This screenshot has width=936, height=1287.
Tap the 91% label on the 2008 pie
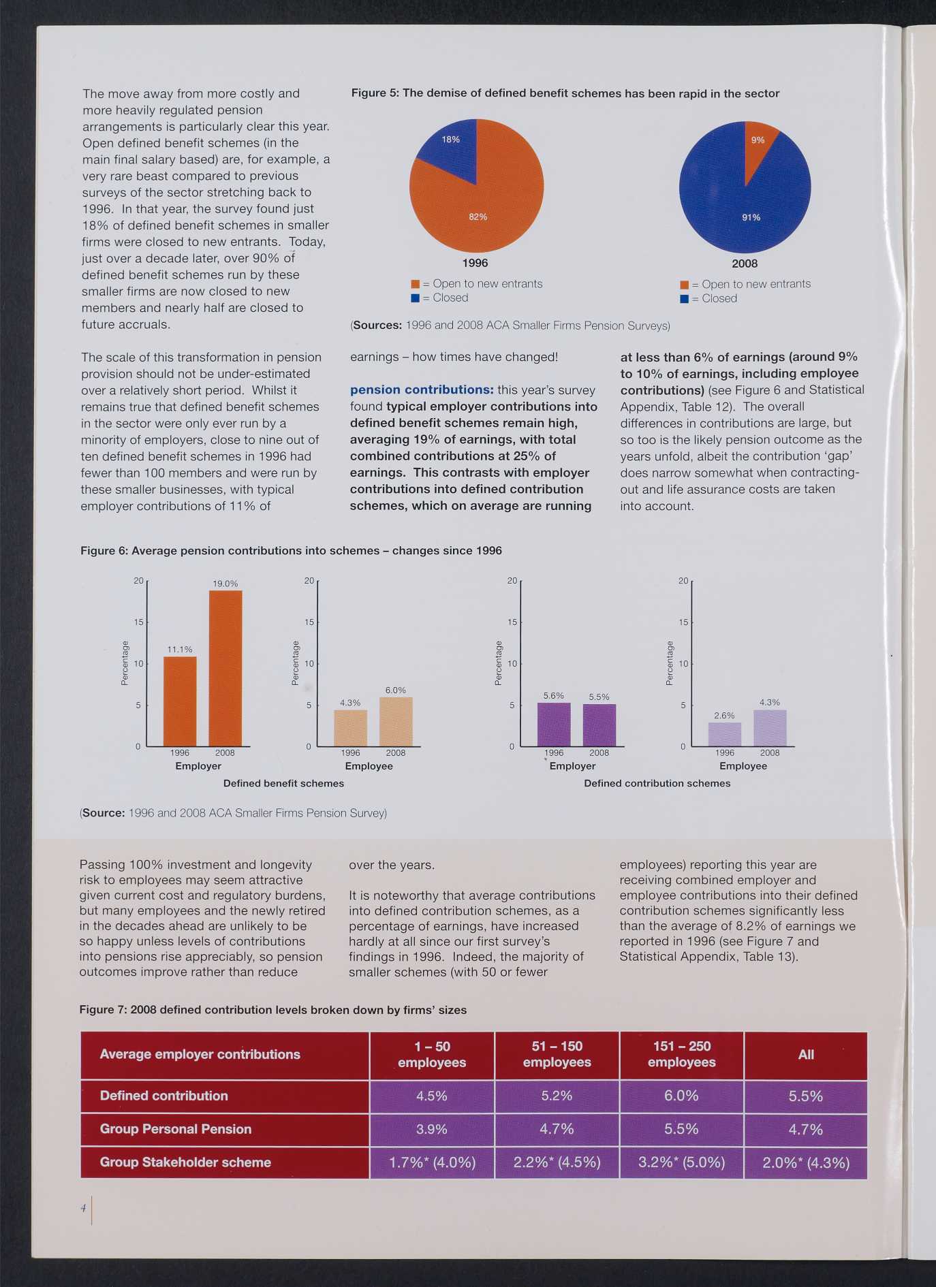pos(751,217)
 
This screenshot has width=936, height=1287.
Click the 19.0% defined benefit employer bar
pos(225,668)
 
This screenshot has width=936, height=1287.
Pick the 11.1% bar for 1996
pos(180,701)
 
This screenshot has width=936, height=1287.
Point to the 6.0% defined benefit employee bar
pos(396,722)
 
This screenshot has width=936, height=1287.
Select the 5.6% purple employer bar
pos(554,725)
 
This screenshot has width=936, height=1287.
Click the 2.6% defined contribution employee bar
pos(725,735)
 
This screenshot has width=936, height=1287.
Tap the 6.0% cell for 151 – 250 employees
pos(681,1096)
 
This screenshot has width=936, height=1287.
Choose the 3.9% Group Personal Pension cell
pos(432,1129)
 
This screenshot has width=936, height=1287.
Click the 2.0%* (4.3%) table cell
pos(806,1162)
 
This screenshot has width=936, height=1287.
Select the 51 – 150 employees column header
pos(557,1054)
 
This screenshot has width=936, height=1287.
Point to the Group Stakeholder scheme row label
pos(185,1162)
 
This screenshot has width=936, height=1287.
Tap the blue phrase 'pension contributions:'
pos(422,390)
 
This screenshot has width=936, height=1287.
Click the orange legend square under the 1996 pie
pos(415,284)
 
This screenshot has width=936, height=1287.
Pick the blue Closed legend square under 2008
pos(684,299)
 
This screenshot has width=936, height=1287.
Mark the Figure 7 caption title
pos(273,1009)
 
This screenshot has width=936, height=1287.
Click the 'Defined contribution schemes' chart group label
pos(657,783)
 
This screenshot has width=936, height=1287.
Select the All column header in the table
pos(806,1054)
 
